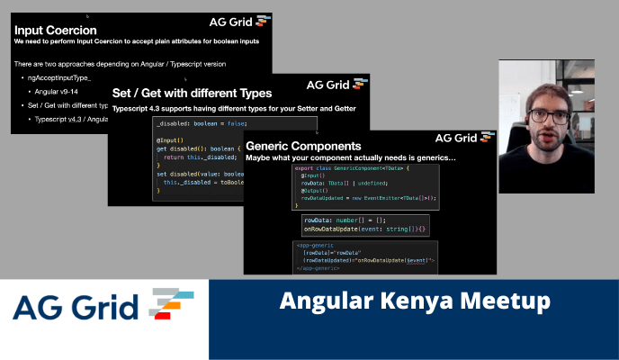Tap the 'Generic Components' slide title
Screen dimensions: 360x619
303,145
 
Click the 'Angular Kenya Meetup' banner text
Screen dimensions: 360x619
414,301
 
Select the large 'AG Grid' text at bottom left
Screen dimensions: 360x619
76,308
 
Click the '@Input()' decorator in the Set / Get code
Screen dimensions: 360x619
170,140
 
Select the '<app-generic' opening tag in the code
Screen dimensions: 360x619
316,245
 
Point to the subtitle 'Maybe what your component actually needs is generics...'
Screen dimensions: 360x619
350,158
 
